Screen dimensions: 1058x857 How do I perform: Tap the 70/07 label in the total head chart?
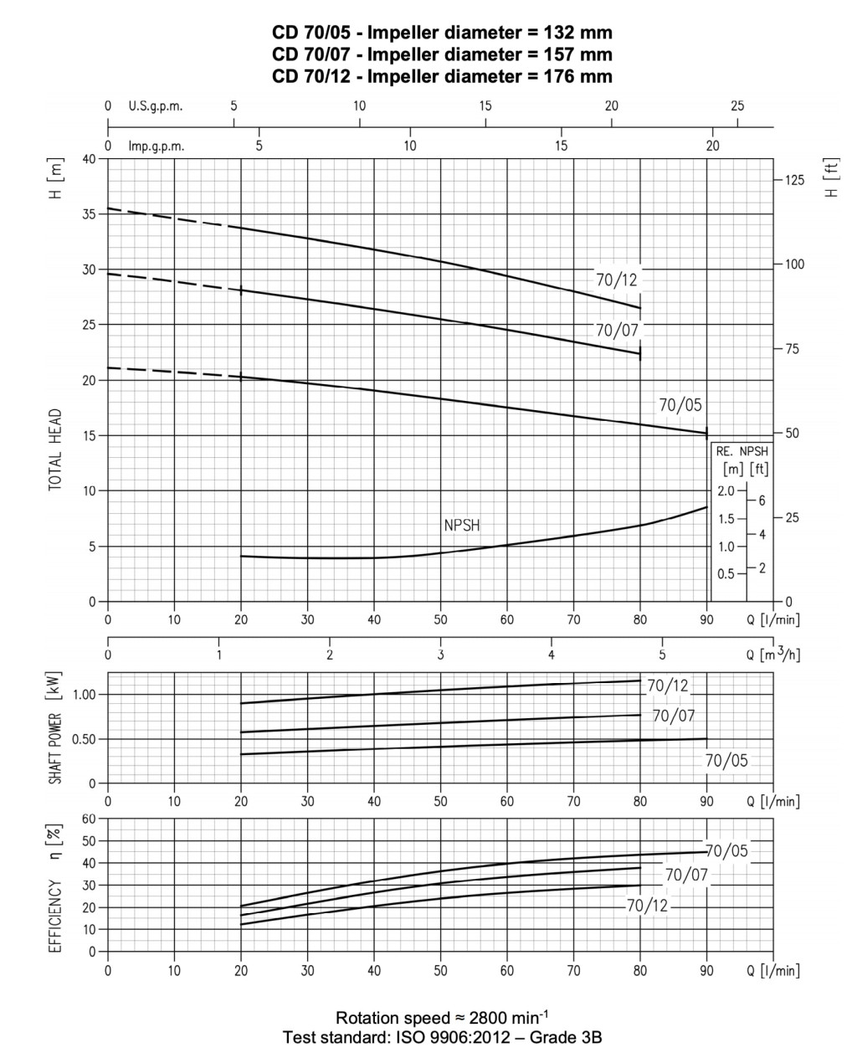coord(618,330)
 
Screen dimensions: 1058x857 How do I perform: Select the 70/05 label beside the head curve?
coord(680,405)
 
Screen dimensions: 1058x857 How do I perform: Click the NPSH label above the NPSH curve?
coord(462,526)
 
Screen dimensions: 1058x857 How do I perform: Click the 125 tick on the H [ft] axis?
coord(793,181)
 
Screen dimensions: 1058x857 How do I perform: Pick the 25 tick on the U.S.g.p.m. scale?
coord(737,106)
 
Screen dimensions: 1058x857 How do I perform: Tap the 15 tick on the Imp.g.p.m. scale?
coord(562,146)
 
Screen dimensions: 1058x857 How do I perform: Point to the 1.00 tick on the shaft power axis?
coord(85,695)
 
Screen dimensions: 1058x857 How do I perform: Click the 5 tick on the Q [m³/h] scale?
coord(662,654)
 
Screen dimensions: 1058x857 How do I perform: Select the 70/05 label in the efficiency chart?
coord(726,851)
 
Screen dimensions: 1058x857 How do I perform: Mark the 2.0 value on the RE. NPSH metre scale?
coord(725,490)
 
